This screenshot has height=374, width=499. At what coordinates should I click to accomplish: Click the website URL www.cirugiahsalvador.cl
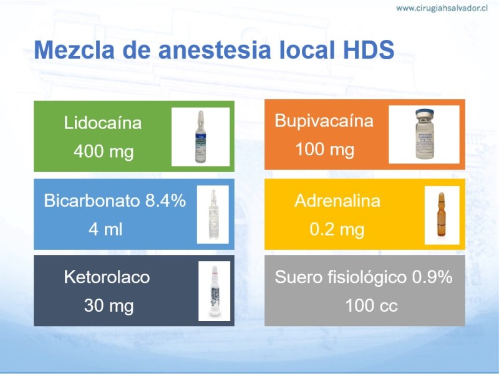point(442,8)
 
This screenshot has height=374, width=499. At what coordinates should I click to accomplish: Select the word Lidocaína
point(102,123)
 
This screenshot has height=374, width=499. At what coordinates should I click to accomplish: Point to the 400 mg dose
point(104,151)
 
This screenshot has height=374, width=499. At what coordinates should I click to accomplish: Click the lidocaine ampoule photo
point(200,137)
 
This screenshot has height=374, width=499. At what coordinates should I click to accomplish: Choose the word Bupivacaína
point(324,121)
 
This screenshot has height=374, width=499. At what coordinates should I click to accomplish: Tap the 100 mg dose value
point(324,150)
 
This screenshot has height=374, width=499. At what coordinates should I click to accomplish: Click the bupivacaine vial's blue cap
point(425,113)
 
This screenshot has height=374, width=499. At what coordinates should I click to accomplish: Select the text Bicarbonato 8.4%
point(115,201)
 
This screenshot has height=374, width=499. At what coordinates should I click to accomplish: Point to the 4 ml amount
point(105,229)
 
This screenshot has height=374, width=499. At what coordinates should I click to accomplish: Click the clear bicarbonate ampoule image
point(213,214)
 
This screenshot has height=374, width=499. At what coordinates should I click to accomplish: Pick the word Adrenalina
point(337,201)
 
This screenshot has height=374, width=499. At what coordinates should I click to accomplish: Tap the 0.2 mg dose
point(337,229)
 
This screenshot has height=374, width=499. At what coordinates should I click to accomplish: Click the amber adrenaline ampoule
point(441,214)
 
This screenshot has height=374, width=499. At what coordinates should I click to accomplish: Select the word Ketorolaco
point(107,277)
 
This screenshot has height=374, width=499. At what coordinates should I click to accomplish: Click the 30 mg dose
point(109,305)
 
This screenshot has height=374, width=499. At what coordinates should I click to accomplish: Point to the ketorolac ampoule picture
point(215,290)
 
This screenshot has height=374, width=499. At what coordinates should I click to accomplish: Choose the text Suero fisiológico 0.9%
point(364,277)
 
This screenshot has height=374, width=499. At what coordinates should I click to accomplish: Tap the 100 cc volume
point(371,305)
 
